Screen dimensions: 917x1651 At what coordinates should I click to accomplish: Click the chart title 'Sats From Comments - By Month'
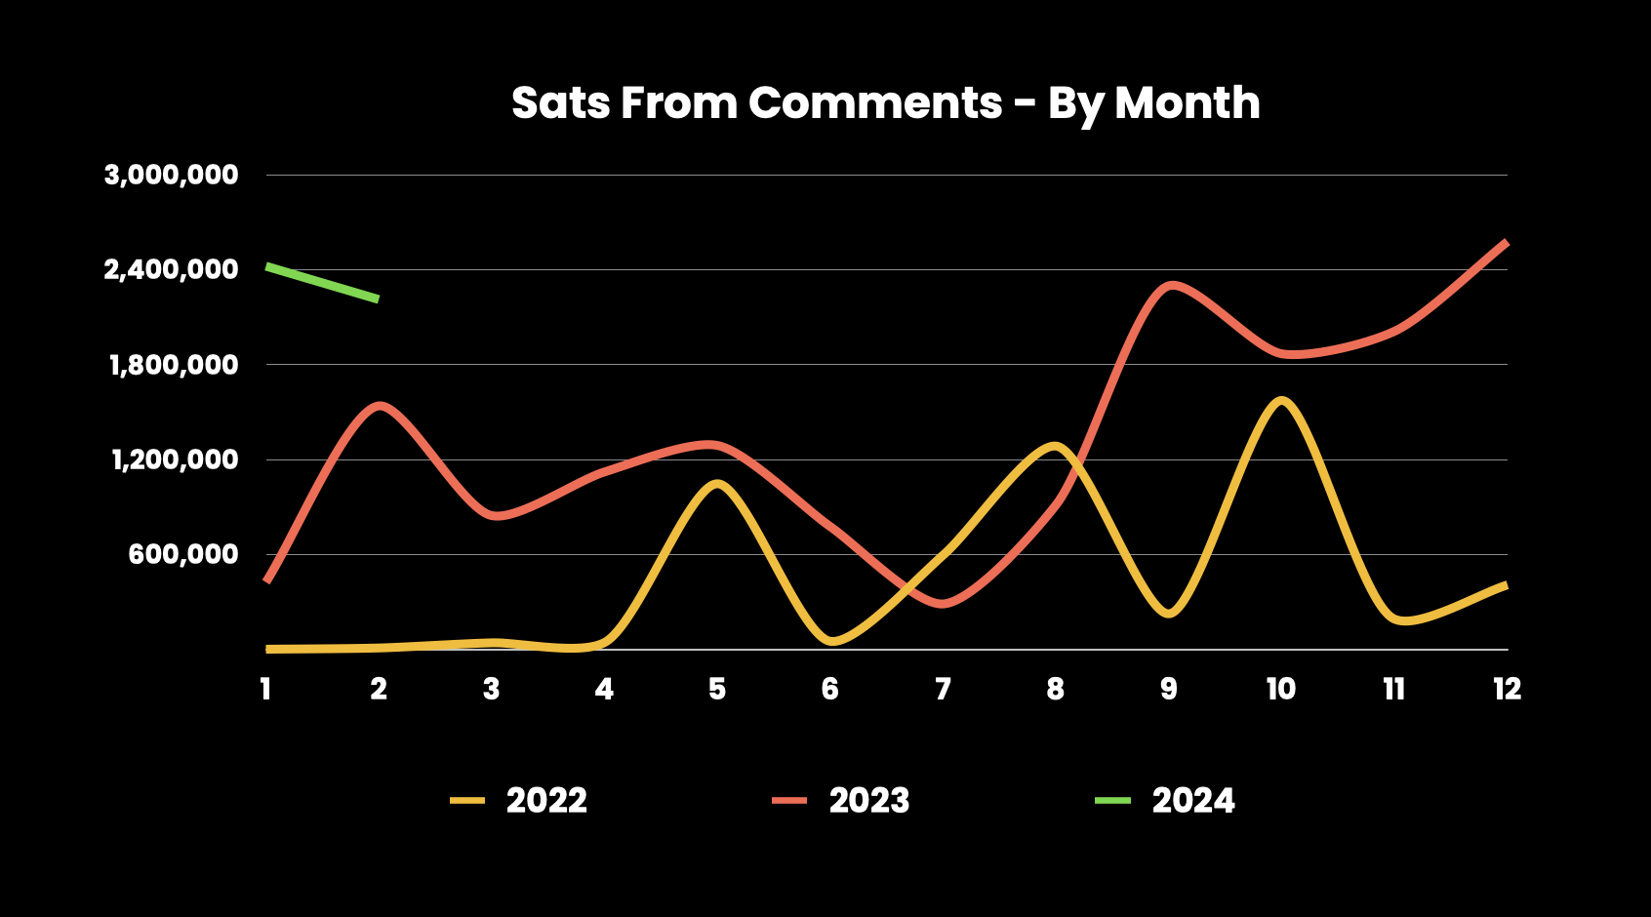(x=885, y=103)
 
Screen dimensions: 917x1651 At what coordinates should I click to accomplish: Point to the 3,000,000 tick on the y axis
(x=171, y=176)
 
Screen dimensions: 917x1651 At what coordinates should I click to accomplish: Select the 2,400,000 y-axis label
(x=171, y=269)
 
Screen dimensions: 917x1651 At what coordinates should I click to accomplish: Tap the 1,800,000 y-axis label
(x=173, y=365)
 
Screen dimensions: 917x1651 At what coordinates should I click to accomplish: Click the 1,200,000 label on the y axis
(x=174, y=459)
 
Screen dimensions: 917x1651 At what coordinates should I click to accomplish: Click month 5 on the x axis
(x=717, y=690)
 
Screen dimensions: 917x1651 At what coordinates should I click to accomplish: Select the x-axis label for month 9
(x=1168, y=690)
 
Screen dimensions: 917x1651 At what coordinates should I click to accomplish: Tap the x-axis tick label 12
(x=1507, y=690)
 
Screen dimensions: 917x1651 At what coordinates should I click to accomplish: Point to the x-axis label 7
(x=943, y=690)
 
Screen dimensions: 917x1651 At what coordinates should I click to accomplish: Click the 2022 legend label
(x=546, y=801)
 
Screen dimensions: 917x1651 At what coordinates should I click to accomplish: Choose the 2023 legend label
(x=869, y=801)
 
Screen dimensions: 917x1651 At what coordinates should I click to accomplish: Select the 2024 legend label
(x=1193, y=801)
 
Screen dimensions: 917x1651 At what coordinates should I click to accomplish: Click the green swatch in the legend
(x=1112, y=801)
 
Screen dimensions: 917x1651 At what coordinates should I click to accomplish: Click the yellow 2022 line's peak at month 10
(x=1280, y=400)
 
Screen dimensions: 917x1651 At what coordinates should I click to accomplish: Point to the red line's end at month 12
(x=1506, y=242)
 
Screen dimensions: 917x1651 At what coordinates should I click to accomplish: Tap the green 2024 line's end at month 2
(x=377, y=299)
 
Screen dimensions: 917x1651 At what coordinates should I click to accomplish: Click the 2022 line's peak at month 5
(x=717, y=484)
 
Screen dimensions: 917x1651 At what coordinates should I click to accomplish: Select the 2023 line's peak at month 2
(x=380, y=405)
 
